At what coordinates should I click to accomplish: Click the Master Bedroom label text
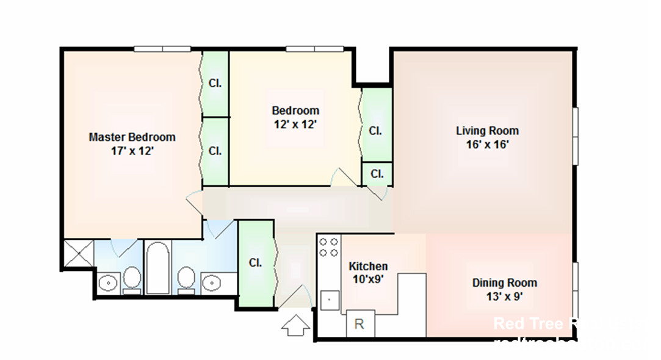click(x=132, y=137)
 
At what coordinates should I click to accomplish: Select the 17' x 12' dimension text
click(x=132, y=151)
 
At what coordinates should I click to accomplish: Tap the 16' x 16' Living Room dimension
click(x=487, y=145)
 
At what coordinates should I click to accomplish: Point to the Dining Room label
click(x=504, y=283)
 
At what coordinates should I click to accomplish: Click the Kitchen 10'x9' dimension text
click(x=368, y=279)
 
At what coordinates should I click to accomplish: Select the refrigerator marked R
click(x=359, y=323)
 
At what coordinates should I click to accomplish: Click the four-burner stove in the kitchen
click(x=329, y=247)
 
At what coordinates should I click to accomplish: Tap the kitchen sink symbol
click(x=329, y=300)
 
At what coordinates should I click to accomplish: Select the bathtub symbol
click(x=157, y=268)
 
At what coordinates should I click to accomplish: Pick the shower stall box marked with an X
click(x=78, y=253)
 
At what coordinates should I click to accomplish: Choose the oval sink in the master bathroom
click(x=109, y=283)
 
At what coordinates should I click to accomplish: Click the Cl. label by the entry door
click(x=255, y=263)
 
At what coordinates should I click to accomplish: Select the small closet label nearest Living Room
click(x=377, y=174)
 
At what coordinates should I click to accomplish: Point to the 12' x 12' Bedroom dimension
click(x=295, y=124)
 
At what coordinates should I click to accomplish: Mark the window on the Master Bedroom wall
click(x=162, y=49)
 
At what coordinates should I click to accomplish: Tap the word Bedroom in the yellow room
click(x=295, y=110)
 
